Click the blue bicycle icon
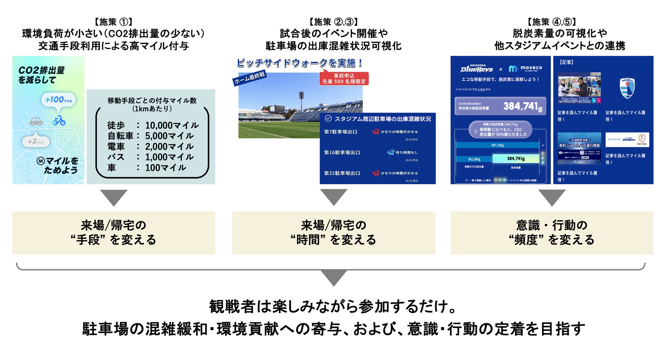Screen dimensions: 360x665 tap(59, 120)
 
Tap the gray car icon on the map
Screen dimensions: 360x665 tap(36, 121)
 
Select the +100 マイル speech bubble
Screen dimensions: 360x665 tap(59, 100)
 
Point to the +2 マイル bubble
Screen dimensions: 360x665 tap(35, 142)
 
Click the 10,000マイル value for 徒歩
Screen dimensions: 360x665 tap(172, 126)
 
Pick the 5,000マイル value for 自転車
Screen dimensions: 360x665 tap(169, 136)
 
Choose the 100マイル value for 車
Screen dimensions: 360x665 tap(165, 168)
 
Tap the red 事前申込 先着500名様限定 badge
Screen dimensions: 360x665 tap(344, 78)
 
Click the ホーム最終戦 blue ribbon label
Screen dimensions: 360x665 tap(250, 78)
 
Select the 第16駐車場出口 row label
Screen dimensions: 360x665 tap(342, 153)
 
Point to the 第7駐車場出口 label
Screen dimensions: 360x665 tap(341, 132)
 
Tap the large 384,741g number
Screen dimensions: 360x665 tap(522, 106)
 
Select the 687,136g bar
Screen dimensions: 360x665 tap(497, 145)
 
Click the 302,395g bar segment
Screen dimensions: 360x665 tap(474, 159)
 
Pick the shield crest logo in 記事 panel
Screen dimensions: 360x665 tap(627, 88)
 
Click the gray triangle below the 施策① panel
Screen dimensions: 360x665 tap(114, 198)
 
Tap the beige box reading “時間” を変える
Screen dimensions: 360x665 tap(334, 233)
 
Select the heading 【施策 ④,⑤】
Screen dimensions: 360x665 tap(552, 22)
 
